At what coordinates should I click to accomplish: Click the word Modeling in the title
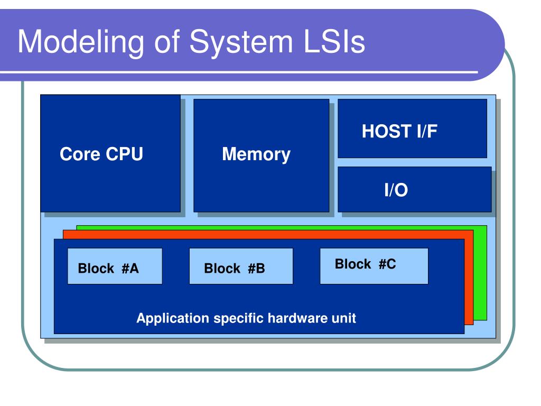81,42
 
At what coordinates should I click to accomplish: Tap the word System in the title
241,42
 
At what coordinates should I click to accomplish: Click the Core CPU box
110,153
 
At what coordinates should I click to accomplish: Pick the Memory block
261,155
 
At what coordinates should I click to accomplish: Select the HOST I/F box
412,128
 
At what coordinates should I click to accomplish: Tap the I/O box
414,189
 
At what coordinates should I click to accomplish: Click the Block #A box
115,266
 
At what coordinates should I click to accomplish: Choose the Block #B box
241,266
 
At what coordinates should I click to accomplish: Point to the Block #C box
374,266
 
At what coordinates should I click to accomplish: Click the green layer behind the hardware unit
480,273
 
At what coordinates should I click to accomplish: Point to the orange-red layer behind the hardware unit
469,280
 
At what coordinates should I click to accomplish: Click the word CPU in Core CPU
124,154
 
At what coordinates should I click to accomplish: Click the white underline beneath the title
239,72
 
